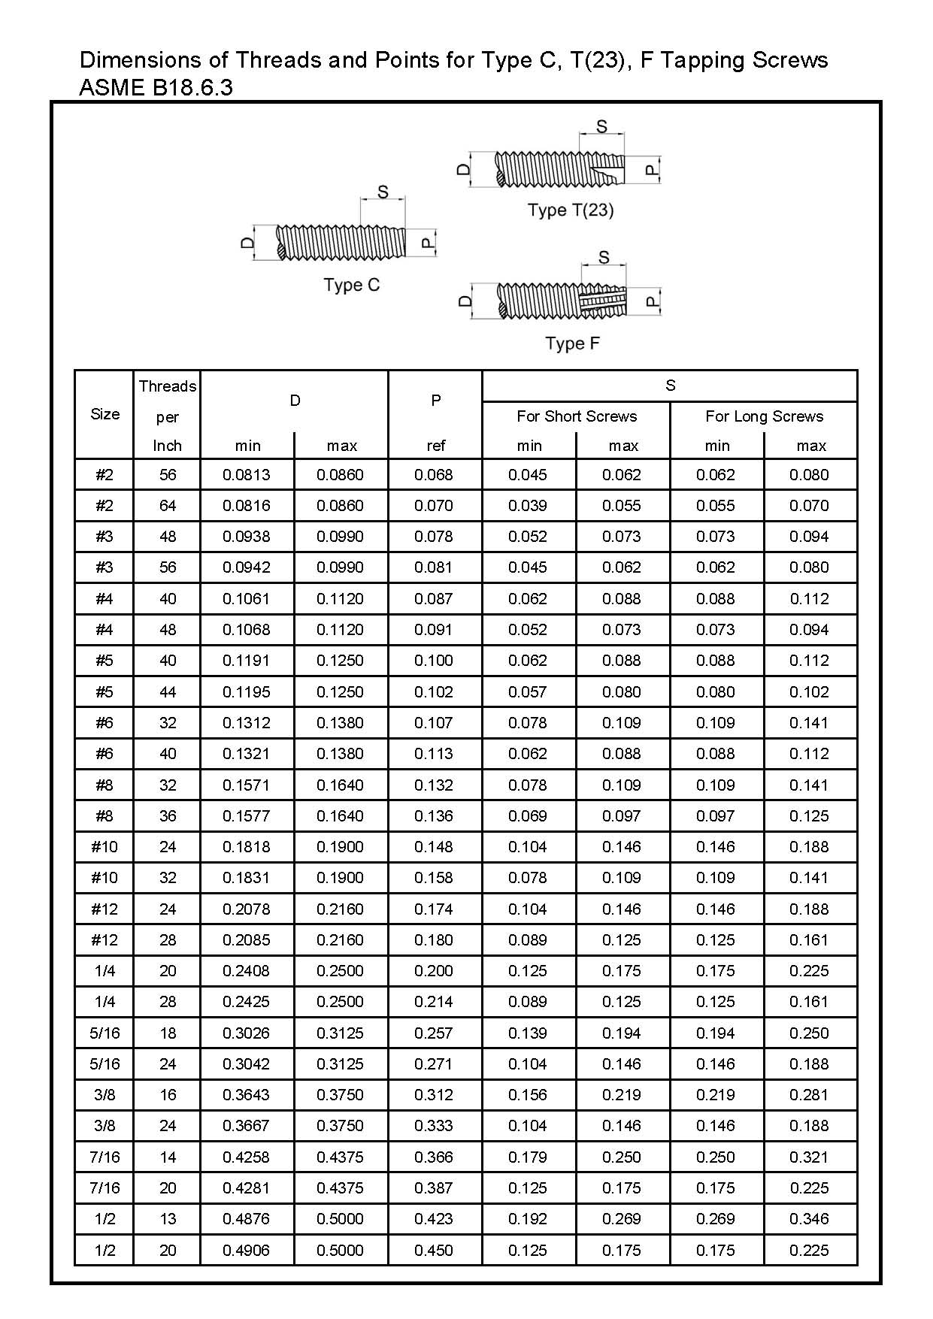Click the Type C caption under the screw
pyautogui.click(x=351, y=286)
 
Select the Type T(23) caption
pyautogui.click(x=571, y=210)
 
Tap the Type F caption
pyautogui.click(x=572, y=343)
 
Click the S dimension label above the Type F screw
pyautogui.click(x=604, y=258)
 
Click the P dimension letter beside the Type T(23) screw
pyautogui.click(x=652, y=171)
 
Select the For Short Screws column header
pyautogui.click(x=576, y=416)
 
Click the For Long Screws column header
pyautogui.click(x=764, y=416)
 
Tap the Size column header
pyautogui.click(x=105, y=414)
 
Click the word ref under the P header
pyautogui.click(x=435, y=446)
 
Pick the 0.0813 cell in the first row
pyautogui.click(x=246, y=475)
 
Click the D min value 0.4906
pyautogui.click(x=246, y=1251)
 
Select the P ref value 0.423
pyautogui.click(x=434, y=1219)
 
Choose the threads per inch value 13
pyautogui.click(x=167, y=1219)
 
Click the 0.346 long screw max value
pyautogui.click(x=809, y=1219)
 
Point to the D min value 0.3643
pyautogui.click(x=246, y=1095)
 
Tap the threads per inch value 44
pyautogui.click(x=167, y=692)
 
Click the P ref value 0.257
pyautogui.click(x=434, y=1033)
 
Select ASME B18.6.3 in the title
pyautogui.click(x=156, y=88)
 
